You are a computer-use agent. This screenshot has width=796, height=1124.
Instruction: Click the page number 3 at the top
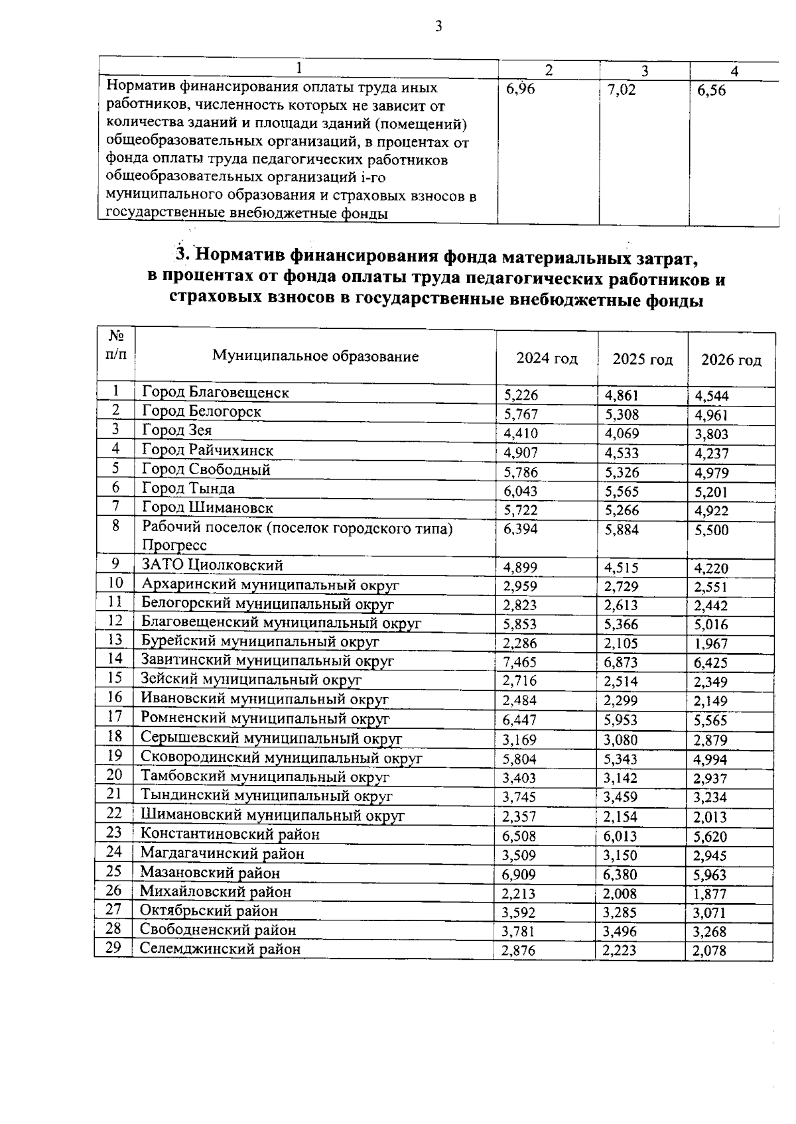(x=438, y=27)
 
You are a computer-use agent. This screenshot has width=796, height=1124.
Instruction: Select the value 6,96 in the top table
(x=520, y=90)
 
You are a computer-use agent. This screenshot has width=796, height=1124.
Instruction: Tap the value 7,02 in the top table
(x=621, y=90)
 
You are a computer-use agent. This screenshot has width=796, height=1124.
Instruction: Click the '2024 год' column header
(x=547, y=359)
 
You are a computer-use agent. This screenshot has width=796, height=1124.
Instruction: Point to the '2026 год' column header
(x=731, y=360)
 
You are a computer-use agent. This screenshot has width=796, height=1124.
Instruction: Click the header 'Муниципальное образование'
(x=315, y=356)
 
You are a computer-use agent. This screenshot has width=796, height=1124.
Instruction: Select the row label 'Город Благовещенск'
(x=216, y=392)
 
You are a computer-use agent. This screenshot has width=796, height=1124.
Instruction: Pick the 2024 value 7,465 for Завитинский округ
(x=519, y=662)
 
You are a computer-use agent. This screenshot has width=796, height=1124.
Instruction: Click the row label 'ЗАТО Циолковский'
(x=212, y=565)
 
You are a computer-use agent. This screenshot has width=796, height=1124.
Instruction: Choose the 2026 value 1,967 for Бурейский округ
(x=710, y=644)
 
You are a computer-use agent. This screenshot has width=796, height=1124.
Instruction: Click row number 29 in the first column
(x=113, y=948)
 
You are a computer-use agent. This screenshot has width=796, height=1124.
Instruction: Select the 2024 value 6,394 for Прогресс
(x=520, y=529)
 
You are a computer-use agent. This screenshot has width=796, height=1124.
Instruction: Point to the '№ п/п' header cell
(x=115, y=345)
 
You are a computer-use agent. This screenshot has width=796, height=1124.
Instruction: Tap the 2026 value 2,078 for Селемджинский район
(x=709, y=951)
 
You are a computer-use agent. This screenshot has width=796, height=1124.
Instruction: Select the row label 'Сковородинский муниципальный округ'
(x=281, y=757)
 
